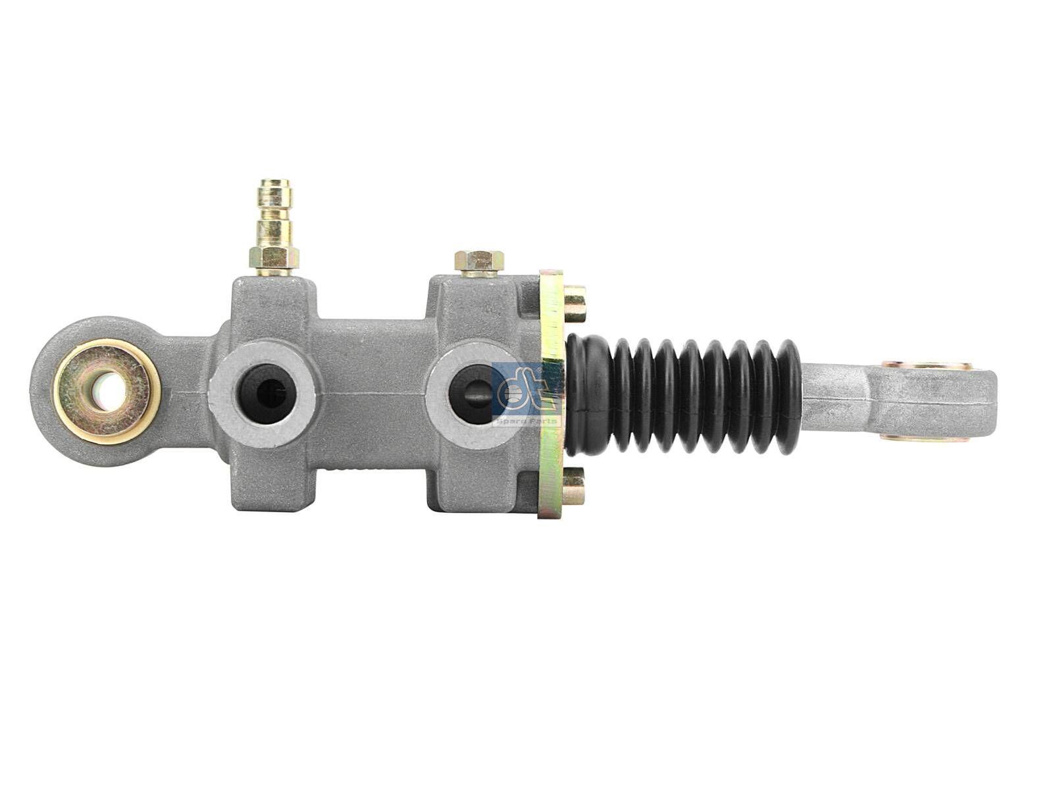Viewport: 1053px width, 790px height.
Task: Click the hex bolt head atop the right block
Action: point(478,261)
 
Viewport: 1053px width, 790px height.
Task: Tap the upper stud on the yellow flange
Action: point(574,303)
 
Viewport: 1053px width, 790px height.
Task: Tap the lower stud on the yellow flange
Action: point(574,485)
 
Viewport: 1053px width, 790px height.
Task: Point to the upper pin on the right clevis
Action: point(927,365)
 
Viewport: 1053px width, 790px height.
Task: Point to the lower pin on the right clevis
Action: point(927,436)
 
